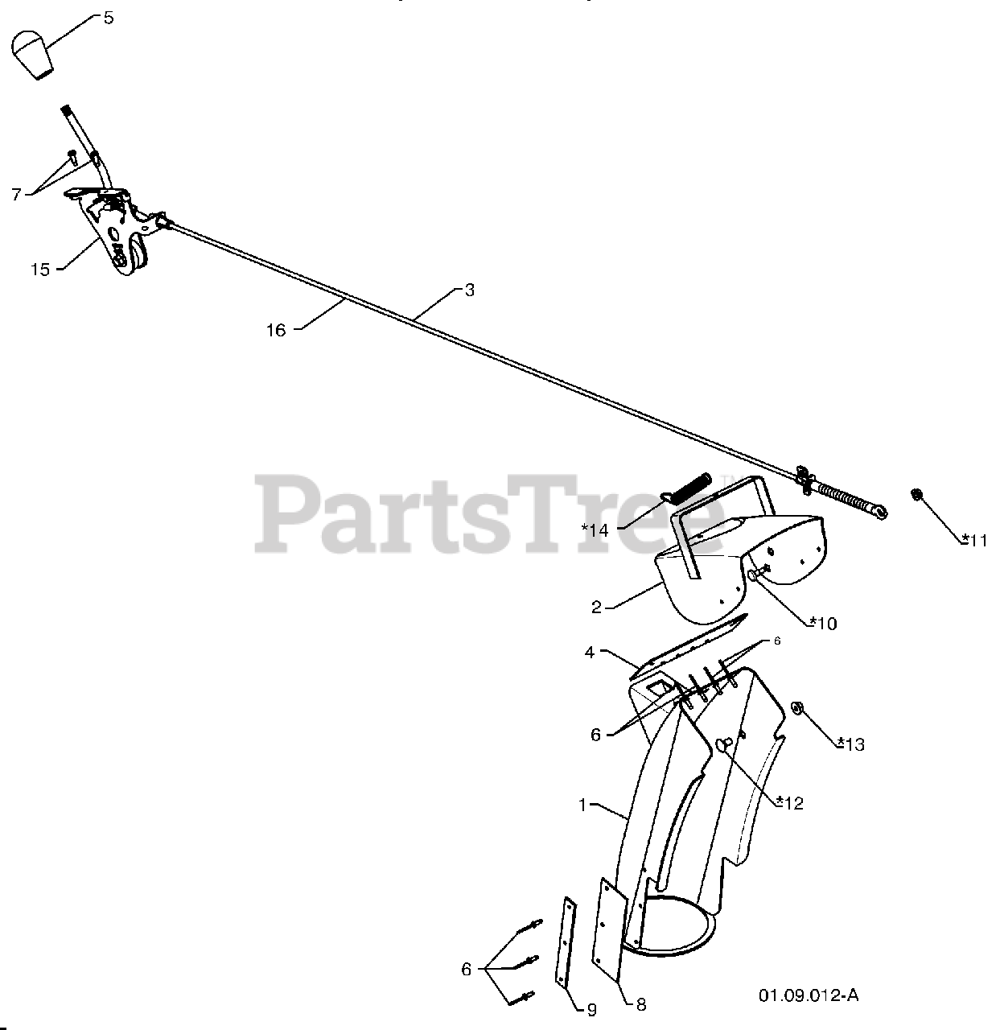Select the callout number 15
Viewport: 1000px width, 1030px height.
click(40, 270)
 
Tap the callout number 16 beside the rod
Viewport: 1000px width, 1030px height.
click(276, 330)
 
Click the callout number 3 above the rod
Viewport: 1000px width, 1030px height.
click(469, 290)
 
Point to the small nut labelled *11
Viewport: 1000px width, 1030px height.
click(916, 494)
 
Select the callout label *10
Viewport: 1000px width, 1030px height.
click(822, 623)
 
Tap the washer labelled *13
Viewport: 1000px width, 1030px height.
click(798, 707)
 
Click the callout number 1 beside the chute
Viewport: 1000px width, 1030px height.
click(582, 804)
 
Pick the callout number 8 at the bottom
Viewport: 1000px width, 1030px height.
click(640, 1003)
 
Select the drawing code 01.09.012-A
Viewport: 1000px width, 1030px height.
click(809, 995)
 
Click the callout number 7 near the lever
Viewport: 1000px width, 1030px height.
click(16, 193)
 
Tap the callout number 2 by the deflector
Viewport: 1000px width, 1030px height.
click(596, 608)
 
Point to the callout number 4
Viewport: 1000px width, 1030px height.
click(590, 653)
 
